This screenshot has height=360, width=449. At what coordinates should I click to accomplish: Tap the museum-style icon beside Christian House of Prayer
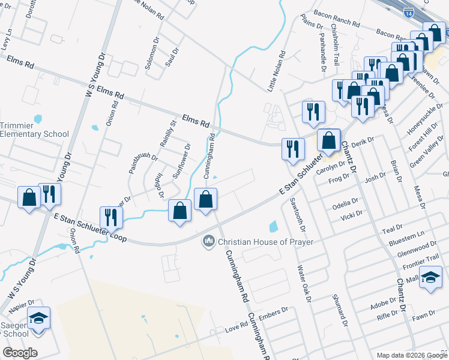click(209, 241)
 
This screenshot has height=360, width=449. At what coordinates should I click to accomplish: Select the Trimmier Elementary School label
click(34, 130)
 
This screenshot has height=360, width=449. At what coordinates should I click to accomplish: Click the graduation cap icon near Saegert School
click(39, 318)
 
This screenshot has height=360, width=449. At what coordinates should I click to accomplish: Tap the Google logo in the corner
click(20, 353)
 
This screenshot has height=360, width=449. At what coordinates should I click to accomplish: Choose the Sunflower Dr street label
click(181, 161)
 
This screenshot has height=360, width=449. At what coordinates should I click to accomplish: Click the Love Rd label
click(237, 327)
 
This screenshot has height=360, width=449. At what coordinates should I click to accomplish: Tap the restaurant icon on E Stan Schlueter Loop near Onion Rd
click(110, 217)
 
